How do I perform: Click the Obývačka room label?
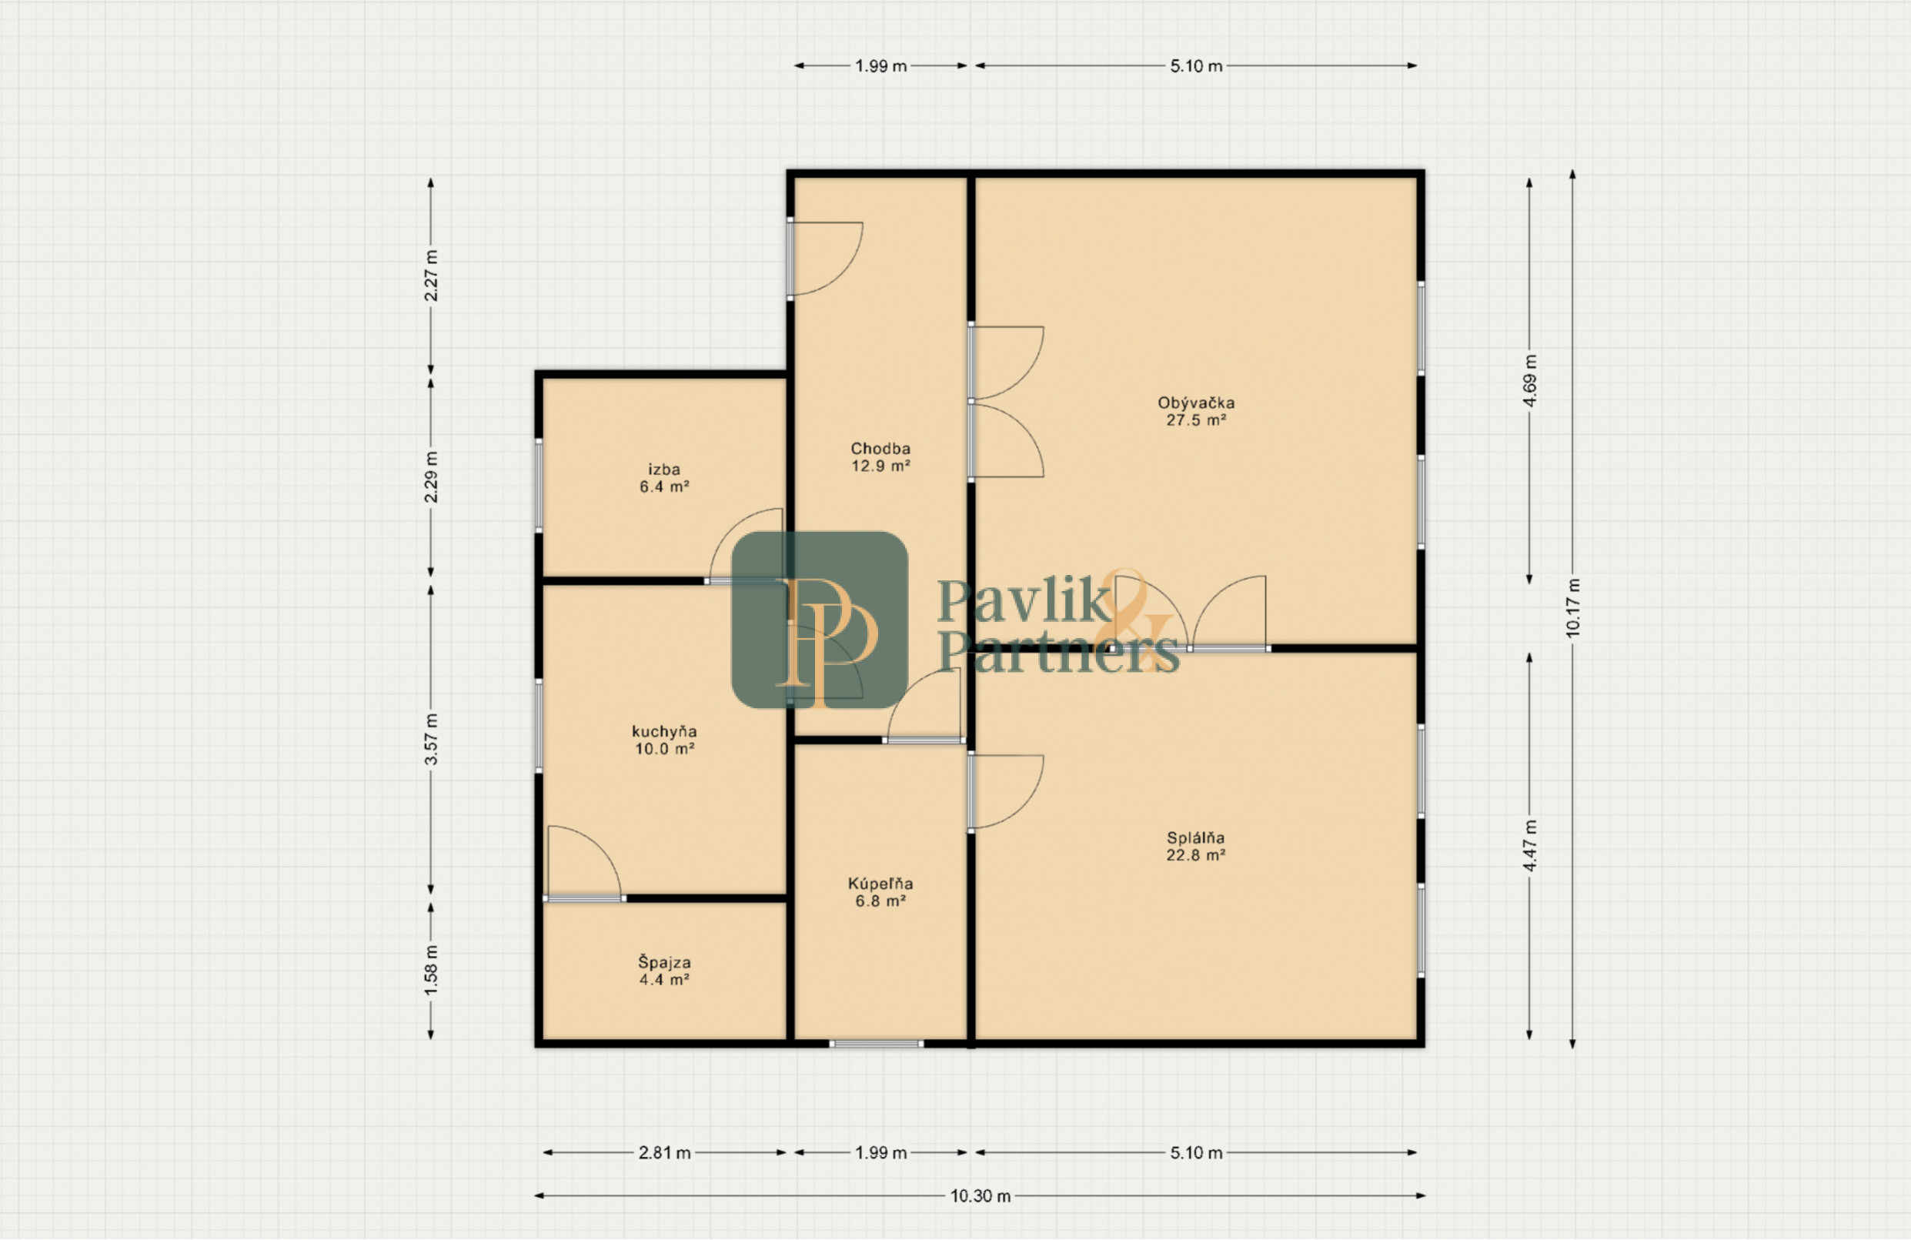click(x=1195, y=410)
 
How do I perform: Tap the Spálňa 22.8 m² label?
click(x=1195, y=846)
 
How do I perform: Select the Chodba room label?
click(x=880, y=456)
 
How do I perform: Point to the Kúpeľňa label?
click(x=880, y=891)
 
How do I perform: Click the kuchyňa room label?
click(x=664, y=740)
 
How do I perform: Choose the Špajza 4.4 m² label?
click(x=664, y=970)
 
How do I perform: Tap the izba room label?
click(x=664, y=478)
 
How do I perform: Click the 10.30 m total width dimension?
click(x=981, y=1196)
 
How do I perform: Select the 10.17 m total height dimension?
click(x=1572, y=608)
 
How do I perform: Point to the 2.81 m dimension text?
click(x=664, y=1152)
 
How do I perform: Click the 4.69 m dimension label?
click(x=1529, y=380)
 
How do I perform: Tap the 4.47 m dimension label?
click(x=1529, y=846)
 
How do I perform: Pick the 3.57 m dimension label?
click(x=431, y=739)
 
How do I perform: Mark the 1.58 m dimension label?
click(x=431, y=970)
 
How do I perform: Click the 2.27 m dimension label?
click(x=431, y=276)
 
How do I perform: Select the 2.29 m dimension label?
click(x=431, y=477)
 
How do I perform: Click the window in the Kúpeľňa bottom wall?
click(x=876, y=1044)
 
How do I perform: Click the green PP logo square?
click(x=820, y=619)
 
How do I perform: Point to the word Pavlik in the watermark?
click(x=1023, y=600)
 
